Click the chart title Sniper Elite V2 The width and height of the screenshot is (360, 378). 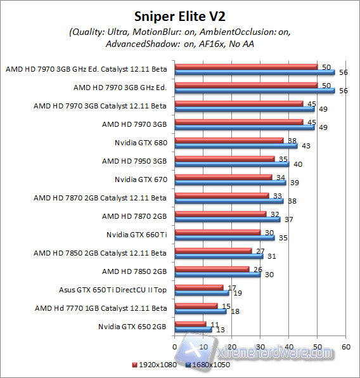coord(180,15)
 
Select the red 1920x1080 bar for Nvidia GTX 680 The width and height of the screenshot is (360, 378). coord(228,140)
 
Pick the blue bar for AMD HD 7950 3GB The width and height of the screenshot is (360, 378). coord(231,164)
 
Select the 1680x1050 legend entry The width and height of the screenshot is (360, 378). coord(209,365)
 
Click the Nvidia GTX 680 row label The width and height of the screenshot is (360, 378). coord(141,143)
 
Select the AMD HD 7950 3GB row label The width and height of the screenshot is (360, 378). coord(134,161)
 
